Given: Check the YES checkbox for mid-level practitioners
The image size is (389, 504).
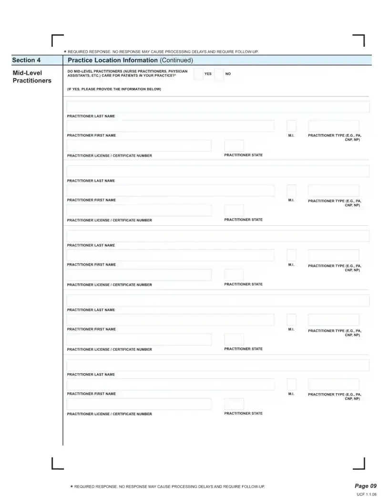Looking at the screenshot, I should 198,74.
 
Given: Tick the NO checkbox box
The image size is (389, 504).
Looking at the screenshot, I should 219,74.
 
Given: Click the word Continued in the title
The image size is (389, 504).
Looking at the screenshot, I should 176,60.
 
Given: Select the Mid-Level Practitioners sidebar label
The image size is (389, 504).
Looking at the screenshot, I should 32,76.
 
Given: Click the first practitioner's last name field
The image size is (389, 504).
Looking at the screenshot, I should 218,107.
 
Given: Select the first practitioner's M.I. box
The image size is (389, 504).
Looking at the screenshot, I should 291,126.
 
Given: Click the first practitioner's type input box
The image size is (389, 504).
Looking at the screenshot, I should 334,126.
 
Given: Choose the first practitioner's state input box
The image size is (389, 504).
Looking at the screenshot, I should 234,146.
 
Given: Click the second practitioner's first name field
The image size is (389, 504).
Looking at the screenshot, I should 170,191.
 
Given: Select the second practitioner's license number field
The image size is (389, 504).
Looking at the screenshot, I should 139,210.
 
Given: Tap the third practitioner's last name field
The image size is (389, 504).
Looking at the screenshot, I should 218,236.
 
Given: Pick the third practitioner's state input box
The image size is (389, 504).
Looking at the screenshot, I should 234,275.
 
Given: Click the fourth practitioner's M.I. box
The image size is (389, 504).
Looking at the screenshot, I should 291,320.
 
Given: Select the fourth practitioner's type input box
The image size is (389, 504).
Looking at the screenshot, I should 334,320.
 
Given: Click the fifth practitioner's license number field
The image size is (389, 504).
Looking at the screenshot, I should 139,404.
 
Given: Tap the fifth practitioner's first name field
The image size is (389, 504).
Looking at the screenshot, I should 170,385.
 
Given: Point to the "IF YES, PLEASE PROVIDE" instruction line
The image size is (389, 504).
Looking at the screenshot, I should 114,89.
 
